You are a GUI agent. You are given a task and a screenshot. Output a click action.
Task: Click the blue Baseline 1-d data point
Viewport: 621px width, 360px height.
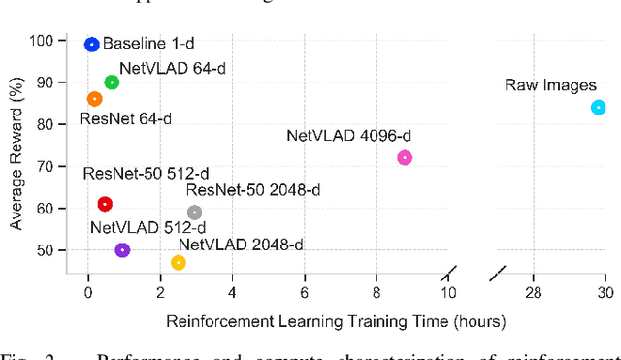pyautogui.click(x=91, y=44)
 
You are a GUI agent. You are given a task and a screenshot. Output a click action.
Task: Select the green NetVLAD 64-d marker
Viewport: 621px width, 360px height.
pyautogui.click(x=112, y=82)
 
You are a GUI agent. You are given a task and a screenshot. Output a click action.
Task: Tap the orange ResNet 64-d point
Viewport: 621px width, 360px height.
pyautogui.click(x=94, y=99)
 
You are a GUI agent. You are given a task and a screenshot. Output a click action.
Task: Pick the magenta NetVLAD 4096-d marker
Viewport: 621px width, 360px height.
pyautogui.click(x=405, y=157)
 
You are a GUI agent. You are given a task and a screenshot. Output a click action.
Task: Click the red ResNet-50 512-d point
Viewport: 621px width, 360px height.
pyautogui.click(x=105, y=204)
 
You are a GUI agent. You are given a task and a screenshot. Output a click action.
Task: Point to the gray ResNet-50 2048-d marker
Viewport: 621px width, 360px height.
pyautogui.click(x=194, y=213)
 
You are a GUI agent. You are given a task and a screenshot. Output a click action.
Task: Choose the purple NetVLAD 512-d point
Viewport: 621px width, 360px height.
pyautogui.click(x=122, y=250)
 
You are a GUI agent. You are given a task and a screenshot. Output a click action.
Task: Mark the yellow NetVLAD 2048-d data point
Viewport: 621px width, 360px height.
pyautogui.click(x=179, y=263)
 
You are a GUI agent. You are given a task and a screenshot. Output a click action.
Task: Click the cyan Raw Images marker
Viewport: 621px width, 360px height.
pyautogui.click(x=599, y=108)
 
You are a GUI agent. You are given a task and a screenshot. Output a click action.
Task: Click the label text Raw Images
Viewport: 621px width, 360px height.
pyautogui.click(x=550, y=85)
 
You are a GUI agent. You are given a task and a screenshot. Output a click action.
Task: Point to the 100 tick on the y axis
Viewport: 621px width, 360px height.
pyautogui.click(x=43, y=41)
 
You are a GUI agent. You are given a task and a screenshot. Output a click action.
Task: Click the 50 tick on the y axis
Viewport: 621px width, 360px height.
pyautogui.click(x=47, y=250)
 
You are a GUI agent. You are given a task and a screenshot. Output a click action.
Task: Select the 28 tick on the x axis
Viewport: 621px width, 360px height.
pyautogui.click(x=533, y=292)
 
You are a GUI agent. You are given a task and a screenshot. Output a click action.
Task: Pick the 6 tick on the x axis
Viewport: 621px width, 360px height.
pyautogui.click(x=305, y=292)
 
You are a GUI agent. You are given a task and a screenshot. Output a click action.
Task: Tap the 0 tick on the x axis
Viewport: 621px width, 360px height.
pyautogui.click(x=88, y=292)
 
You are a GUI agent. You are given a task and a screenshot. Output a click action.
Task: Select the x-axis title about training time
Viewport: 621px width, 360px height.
pyautogui.click(x=336, y=319)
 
